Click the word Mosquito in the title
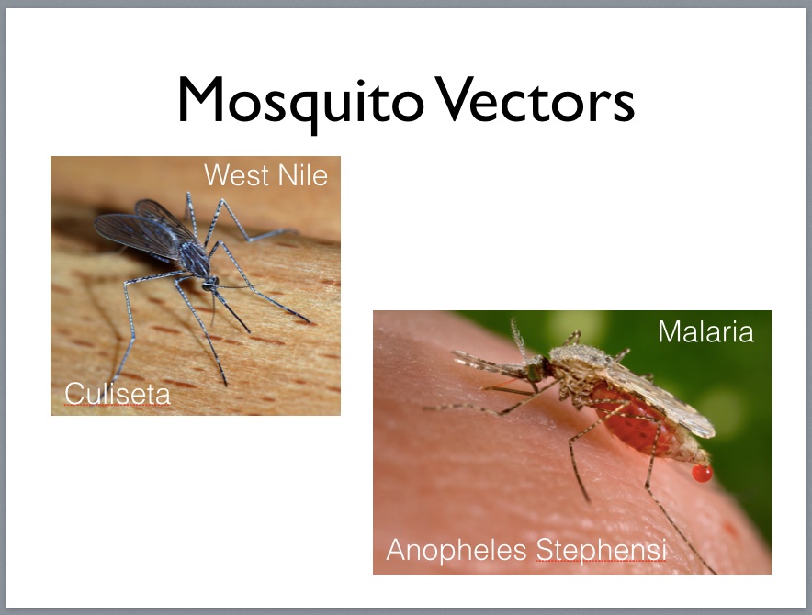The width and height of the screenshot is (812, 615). (x=301, y=103)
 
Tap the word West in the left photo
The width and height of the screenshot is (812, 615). (x=237, y=175)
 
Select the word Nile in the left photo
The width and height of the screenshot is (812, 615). (x=303, y=175)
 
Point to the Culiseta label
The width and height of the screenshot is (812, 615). (x=118, y=394)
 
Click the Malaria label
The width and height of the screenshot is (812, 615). (x=705, y=331)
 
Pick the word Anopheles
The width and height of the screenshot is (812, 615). (x=457, y=550)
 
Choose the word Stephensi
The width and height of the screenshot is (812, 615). (x=601, y=550)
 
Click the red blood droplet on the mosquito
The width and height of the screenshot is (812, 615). (x=702, y=473)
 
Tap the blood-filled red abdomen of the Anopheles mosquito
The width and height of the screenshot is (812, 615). (x=635, y=420)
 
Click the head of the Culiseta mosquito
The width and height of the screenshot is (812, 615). (x=209, y=283)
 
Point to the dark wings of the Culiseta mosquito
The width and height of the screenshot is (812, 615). (x=142, y=228)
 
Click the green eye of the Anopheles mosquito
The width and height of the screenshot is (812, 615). (x=534, y=371)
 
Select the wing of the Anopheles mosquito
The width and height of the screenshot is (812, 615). (x=663, y=399)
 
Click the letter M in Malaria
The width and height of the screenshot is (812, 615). (x=668, y=331)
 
